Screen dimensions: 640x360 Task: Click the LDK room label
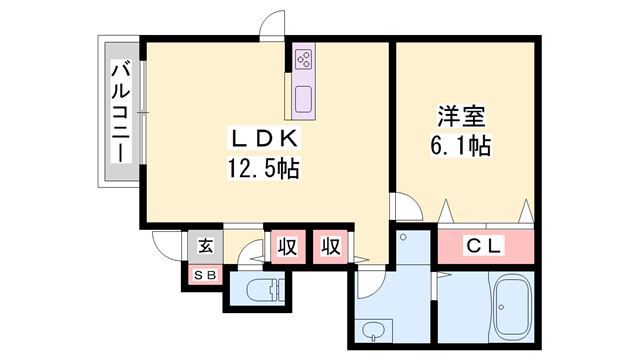(x=264, y=139)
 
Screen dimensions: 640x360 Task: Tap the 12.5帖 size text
(x=263, y=168)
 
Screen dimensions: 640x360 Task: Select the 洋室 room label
(x=461, y=116)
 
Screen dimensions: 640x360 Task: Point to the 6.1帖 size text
(x=461, y=145)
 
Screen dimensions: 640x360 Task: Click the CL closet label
(x=483, y=246)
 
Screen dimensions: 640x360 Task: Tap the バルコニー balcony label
(x=121, y=112)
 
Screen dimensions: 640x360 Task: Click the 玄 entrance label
(x=206, y=246)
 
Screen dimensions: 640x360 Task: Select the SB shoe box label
(x=205, y=276)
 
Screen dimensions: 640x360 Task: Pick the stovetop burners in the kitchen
(x=304, y=60)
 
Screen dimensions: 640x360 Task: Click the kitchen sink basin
(x=304, y=100)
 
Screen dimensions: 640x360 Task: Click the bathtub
(x=512, y=306)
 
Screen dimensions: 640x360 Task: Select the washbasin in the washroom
(x=373, y=331)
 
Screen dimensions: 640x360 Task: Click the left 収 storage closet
(x=288, y=247)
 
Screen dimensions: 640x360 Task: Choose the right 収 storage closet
(x=330, y=247)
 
